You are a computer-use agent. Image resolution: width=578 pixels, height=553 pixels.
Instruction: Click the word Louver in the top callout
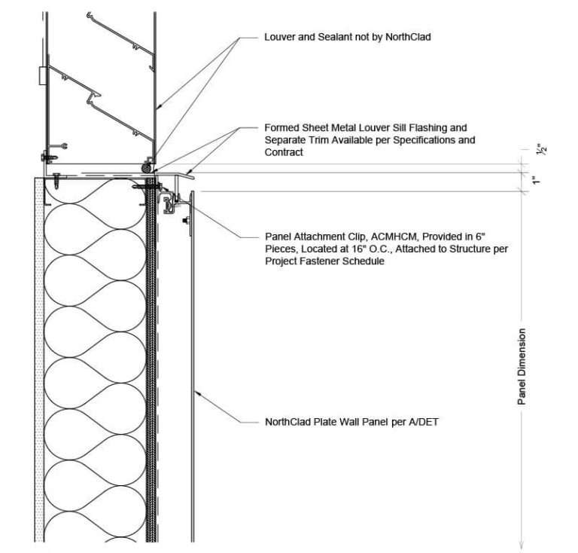(279, 36)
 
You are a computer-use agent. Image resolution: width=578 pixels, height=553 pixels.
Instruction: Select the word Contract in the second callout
(283, 152)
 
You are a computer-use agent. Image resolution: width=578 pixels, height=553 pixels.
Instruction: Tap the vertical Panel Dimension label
(521, 367)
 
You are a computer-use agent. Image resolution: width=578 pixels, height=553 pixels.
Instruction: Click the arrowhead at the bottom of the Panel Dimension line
(521, 545)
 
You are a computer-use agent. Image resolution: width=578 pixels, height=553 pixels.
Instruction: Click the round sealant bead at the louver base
(144, 166)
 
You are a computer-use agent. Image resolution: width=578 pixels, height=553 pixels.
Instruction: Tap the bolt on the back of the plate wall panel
(186, 222)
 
